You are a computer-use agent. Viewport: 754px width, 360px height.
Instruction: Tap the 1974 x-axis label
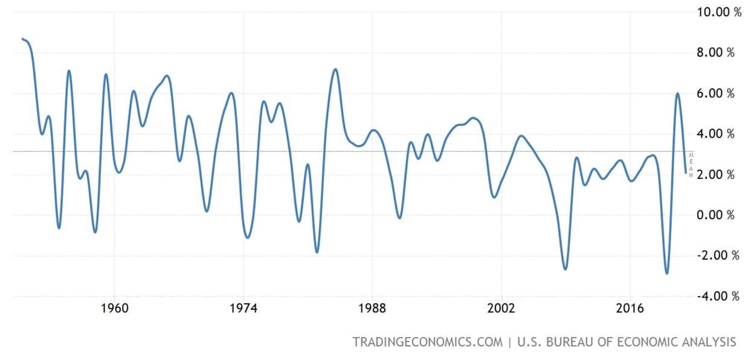pos(243,309)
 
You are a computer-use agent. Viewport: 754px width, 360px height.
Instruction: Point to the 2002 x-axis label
pos(501,309)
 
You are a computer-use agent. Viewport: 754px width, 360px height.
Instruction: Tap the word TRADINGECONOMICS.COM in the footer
pos(427,342)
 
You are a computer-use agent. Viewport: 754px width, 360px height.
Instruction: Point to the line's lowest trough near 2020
pos(667,273)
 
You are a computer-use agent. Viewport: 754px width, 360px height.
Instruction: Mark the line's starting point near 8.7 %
pos(22,39)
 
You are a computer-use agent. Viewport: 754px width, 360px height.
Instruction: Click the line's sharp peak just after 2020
pos(677,94)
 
